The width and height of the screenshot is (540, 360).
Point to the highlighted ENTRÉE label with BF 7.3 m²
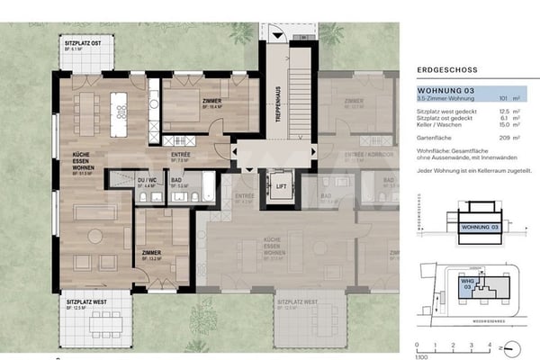point(181,154)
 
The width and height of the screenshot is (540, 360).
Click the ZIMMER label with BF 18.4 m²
point(212,101)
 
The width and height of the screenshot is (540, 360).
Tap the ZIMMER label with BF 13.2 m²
point(150,254)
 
